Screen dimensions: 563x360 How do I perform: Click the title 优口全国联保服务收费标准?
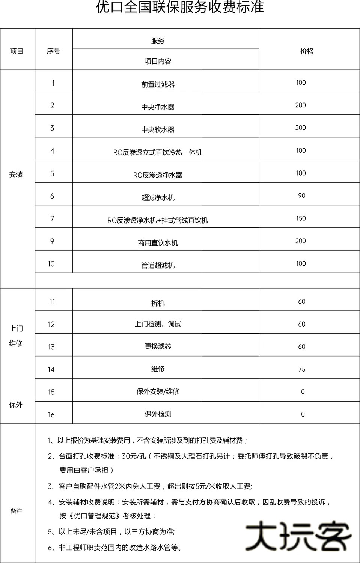(180, 7)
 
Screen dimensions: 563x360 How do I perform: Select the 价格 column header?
(307, 51)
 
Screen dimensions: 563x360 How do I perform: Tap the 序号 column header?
(53, 51)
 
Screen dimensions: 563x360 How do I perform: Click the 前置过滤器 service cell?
(158, 84)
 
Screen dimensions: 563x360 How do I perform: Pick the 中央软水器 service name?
(158, 130)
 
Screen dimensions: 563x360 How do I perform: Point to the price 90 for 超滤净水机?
(301, 196)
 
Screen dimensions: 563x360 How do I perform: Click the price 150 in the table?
(301, 218)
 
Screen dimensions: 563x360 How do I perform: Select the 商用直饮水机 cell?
(158, 243)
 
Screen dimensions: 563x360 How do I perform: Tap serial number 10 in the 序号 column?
(51, 264)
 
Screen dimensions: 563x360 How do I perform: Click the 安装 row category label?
(16, 175)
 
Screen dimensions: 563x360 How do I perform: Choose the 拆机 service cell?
(158, 303)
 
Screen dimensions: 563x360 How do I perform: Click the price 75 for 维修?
(301, 369)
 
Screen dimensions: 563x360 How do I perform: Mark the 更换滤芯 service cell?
(158, 346)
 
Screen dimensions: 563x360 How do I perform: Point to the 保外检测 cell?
(158, 414)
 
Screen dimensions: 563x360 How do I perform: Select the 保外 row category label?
(16, 405)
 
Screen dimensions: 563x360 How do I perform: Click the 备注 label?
(16, 511)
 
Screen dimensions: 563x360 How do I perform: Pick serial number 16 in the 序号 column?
(51, 415)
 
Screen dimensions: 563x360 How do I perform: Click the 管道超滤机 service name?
(158, 266)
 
